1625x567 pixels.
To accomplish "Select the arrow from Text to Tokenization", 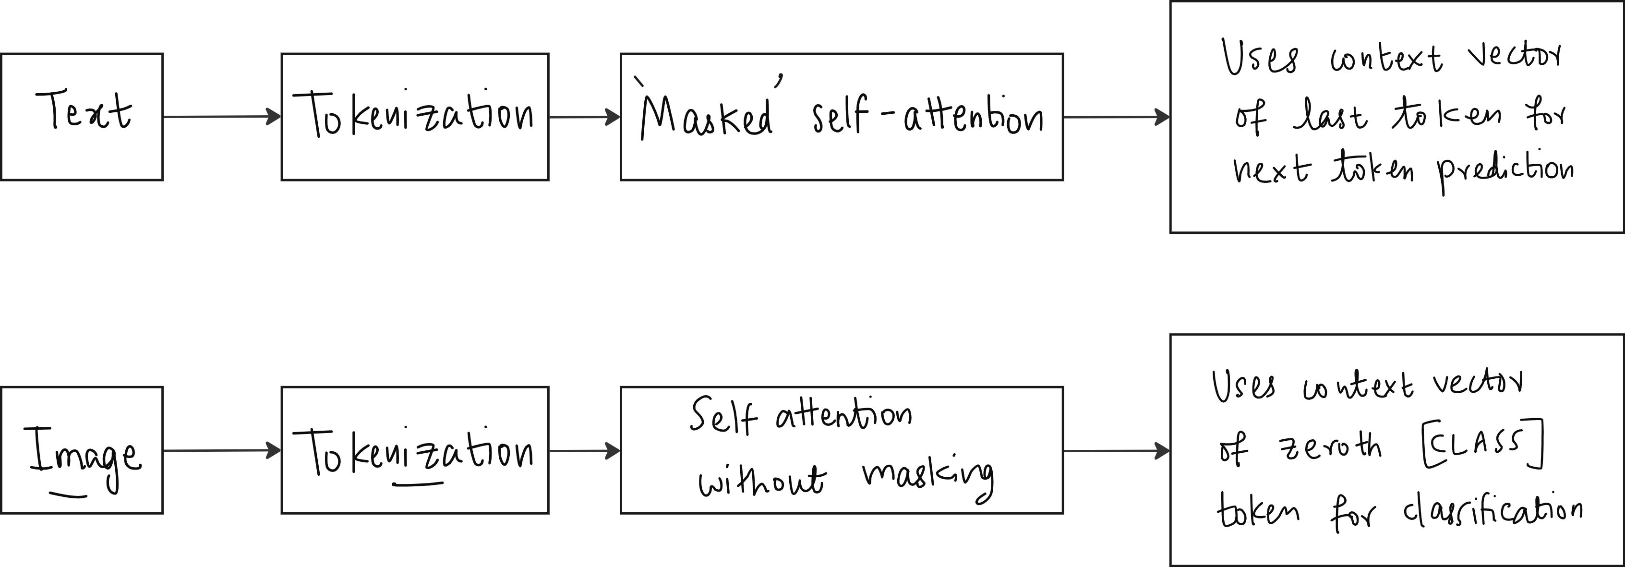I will pos(222,117).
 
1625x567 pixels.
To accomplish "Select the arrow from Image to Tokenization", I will pos(222,450).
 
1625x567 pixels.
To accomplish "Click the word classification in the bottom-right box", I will pos(1492,511).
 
